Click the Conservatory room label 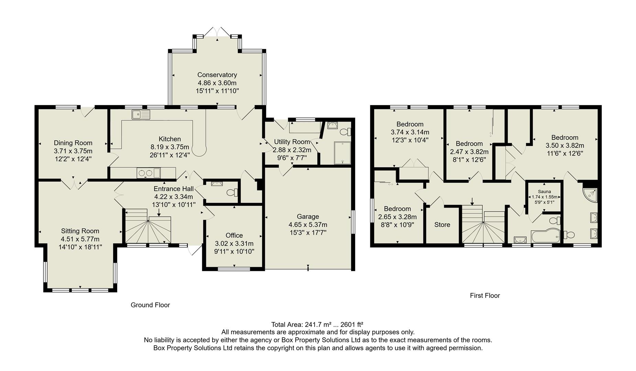(217, 75)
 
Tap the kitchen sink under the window (141, 115)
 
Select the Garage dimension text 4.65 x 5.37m (308, 225)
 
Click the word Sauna (545, 192)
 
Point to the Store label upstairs (442, 225)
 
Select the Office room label (234, 235)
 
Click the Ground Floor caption (150, 305)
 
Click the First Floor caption (485, 295)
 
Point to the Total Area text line (317, 324)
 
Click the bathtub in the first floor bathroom (545, 236)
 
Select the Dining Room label (73, 143)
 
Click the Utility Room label (292, 142)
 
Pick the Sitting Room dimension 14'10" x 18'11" (80, 247)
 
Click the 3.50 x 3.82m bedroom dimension (565, 145)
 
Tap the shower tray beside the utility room (342, 153)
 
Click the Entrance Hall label (174, 189)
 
